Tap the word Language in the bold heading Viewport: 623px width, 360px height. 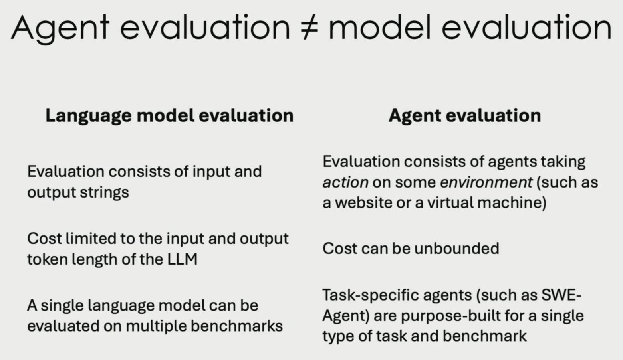tap(88, 116)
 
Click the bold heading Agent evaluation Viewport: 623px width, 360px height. tap(465, 116)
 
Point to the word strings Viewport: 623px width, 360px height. tap(104, 192)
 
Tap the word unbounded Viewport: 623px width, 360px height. tap(457, 248)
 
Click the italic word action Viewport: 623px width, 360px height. tap(345, 182)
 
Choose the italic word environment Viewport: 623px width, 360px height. tap(486, 182)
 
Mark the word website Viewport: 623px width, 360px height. tap(363, 202)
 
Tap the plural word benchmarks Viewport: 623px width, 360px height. tap(237, 326)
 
